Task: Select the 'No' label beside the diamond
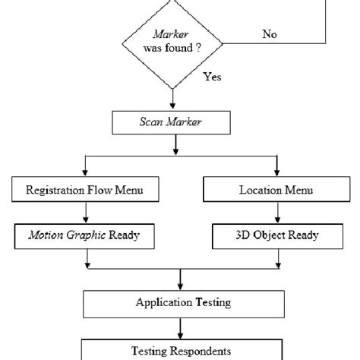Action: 269,33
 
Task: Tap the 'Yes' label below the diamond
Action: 213,77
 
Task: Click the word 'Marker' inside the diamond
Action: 172,33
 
